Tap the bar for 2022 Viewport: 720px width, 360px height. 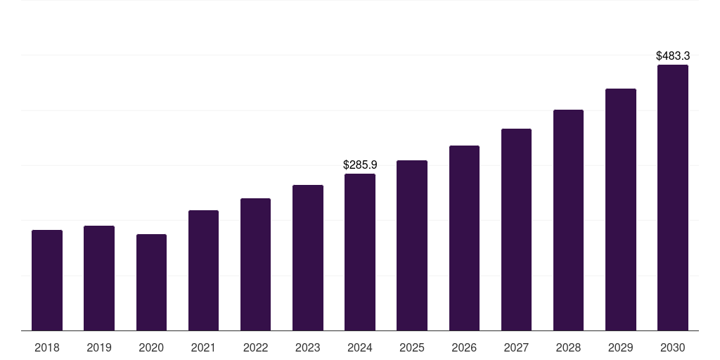[255, 264]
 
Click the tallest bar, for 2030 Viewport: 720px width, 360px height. [672, 198]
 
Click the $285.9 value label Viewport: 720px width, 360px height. [360, 165]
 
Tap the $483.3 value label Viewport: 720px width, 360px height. [672, 56]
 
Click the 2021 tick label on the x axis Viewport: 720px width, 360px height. [203, 347]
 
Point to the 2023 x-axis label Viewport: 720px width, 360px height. [307, 347]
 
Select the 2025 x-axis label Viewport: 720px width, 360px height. [412, 347]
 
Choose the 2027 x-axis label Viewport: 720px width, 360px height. [516, 347]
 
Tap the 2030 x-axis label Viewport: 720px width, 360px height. [672, 347]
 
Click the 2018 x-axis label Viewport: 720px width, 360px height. [47, 347]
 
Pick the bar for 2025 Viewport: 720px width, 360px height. [412, 245]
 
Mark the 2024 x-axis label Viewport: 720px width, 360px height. [360, 347]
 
